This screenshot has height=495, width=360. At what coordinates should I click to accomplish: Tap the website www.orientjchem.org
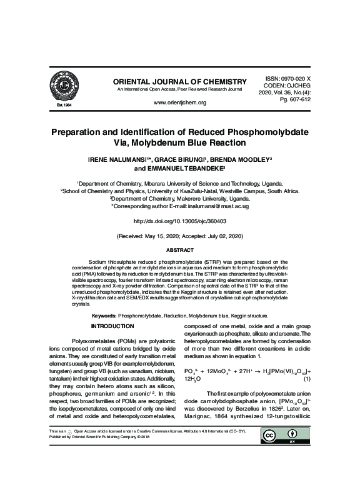(179, 102)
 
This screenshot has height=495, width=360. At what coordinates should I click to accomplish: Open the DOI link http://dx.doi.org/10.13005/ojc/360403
(179, 221)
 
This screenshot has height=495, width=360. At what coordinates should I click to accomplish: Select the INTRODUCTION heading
(112, 326)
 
